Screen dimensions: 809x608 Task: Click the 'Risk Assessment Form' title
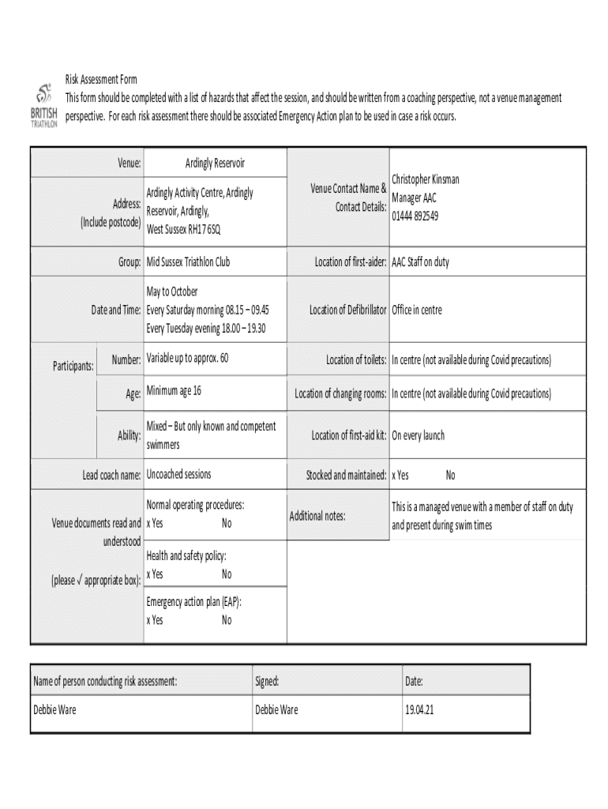coord(101,80)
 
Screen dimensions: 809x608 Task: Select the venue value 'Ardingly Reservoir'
coord(215,163)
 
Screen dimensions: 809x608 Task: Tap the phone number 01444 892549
coord(415,215)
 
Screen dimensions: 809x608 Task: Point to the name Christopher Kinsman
coord(426,179)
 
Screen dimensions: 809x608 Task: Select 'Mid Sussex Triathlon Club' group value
coord(188,262)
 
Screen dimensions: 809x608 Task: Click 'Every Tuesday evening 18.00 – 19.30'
coord(206,328)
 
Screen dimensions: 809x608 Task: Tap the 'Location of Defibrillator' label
coord(347,310)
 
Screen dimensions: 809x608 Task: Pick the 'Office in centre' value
coord(417,310)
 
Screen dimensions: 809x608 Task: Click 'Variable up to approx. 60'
coord(187,359)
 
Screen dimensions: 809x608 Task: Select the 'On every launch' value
coord(418,435)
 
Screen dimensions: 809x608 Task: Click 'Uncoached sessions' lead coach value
coord(178,475)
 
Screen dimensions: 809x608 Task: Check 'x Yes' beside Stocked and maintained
coord(400,476)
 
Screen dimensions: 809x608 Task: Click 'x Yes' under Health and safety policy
coord(155,574)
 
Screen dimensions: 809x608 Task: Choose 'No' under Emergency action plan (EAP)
coord(227,620)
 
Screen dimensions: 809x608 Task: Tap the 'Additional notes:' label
coord(317,516)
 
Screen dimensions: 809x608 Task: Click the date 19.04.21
coord(419,709)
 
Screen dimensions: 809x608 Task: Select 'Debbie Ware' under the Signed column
coord(276,709)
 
